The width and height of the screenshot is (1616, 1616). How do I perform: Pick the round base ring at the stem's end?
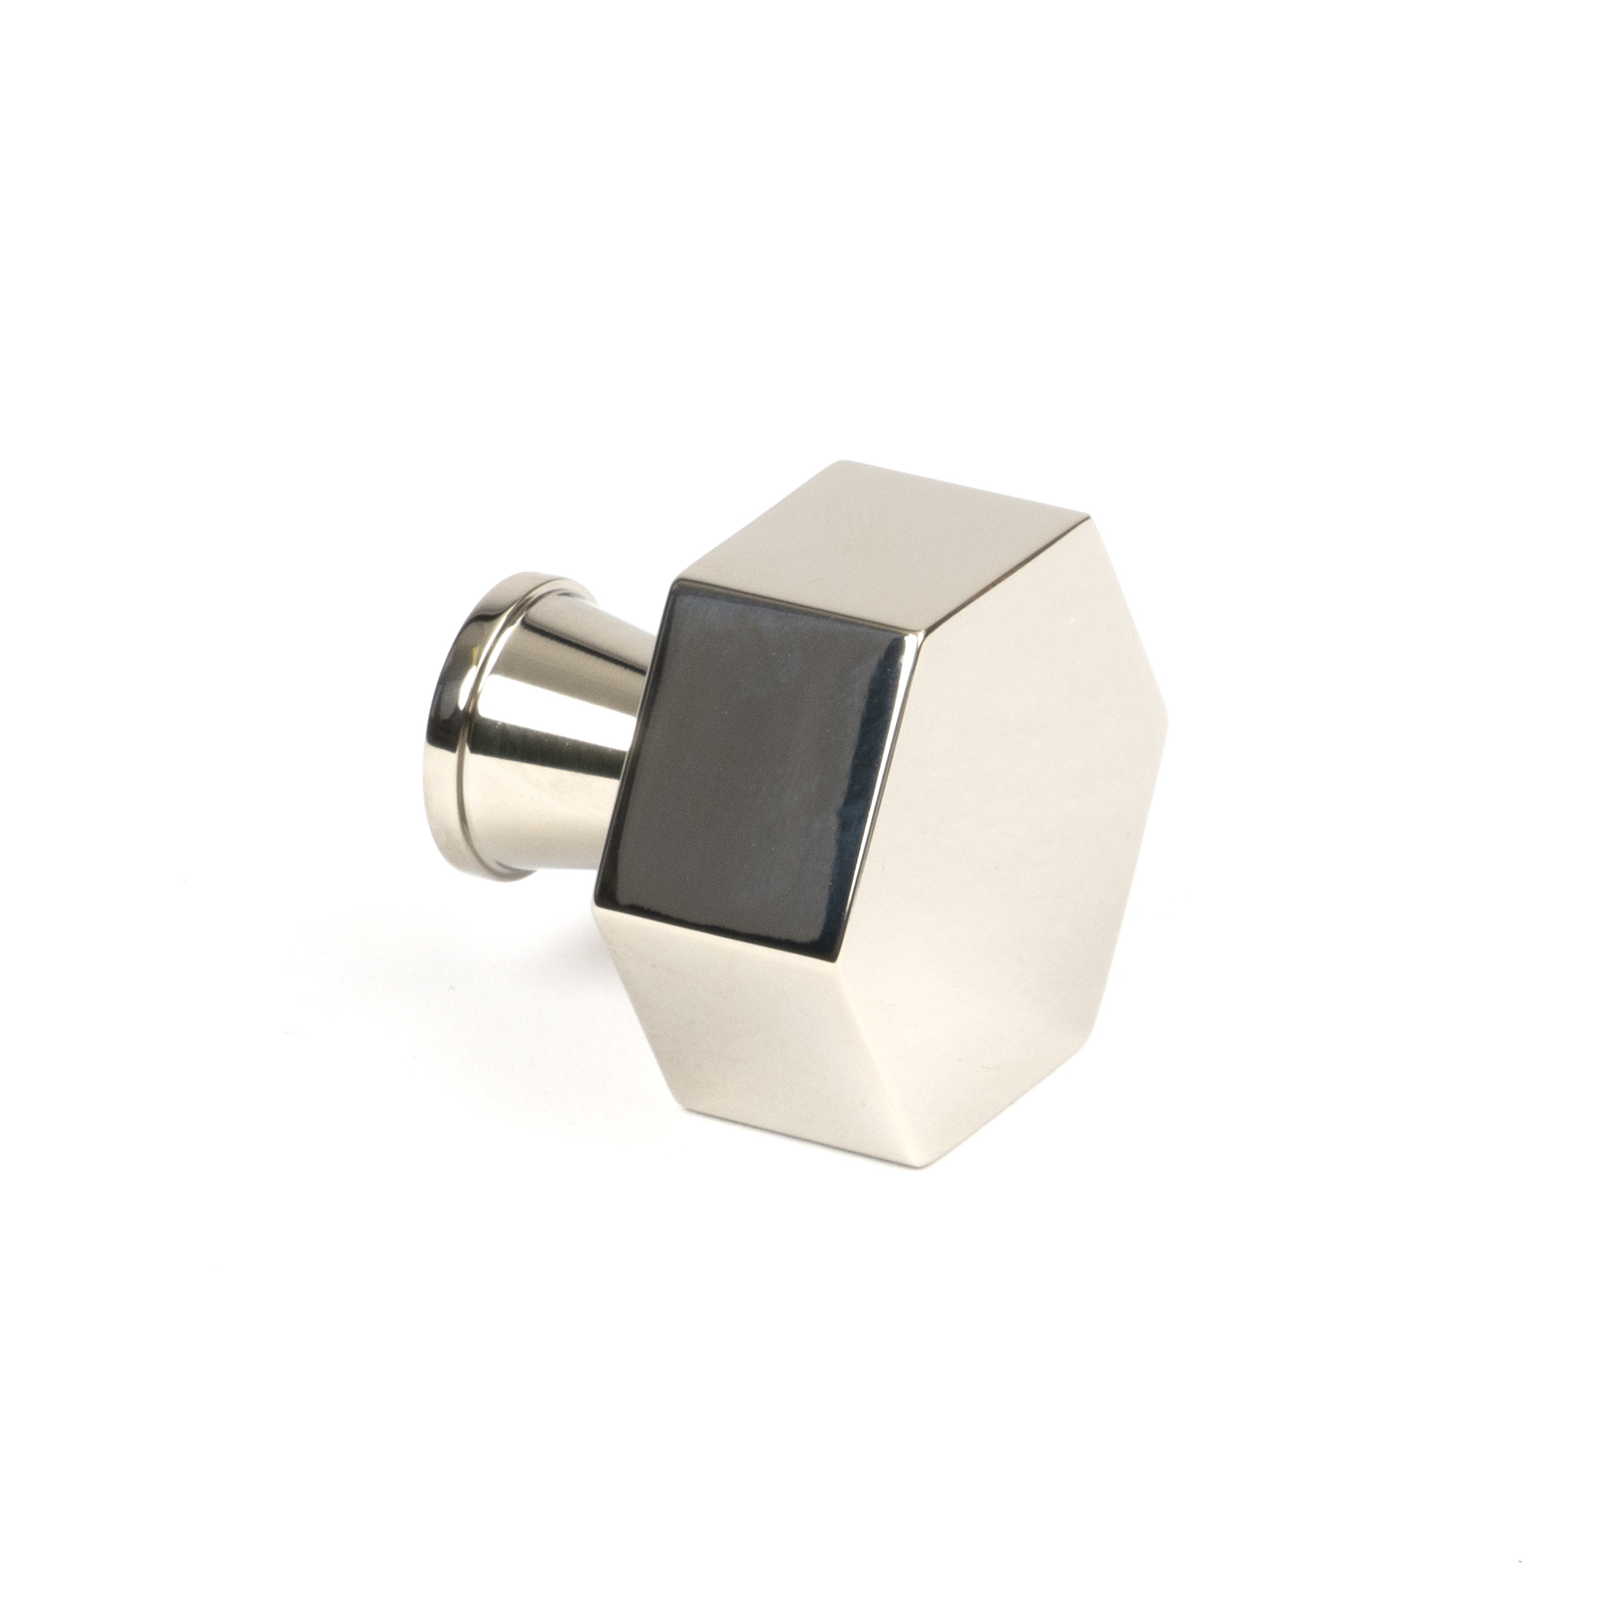pos(469,711)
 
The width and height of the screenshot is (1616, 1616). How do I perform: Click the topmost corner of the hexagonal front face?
pos(1088,517)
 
